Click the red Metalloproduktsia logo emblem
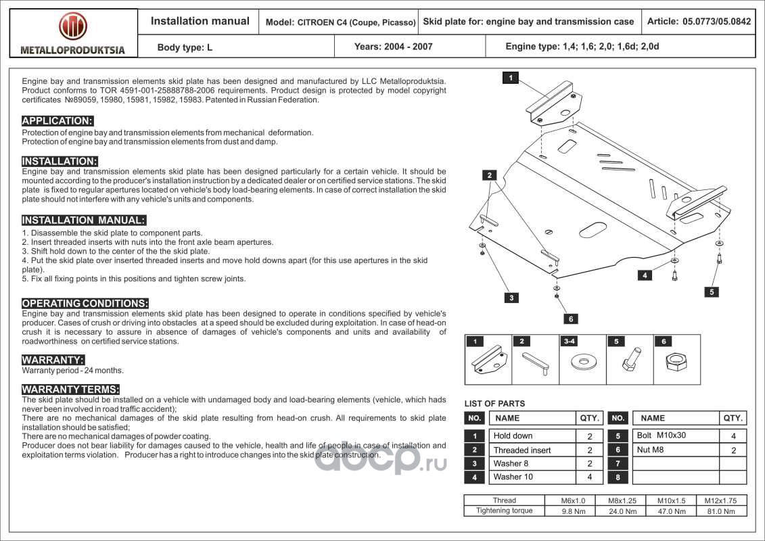(73, 26)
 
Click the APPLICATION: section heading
(57, 121)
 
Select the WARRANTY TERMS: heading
(70, 390)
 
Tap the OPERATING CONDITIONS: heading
(85, 304)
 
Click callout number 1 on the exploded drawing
(510, 78)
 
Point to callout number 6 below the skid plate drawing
(570, 319)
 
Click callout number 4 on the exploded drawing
(645, 275)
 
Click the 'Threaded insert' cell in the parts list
(522, 450)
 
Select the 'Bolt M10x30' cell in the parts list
(661, 436)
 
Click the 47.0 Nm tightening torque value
(672, 511)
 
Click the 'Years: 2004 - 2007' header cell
(393, 47)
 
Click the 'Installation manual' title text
(200, 22)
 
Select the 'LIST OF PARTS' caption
(494, 404)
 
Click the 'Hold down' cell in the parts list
(513, 436)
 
